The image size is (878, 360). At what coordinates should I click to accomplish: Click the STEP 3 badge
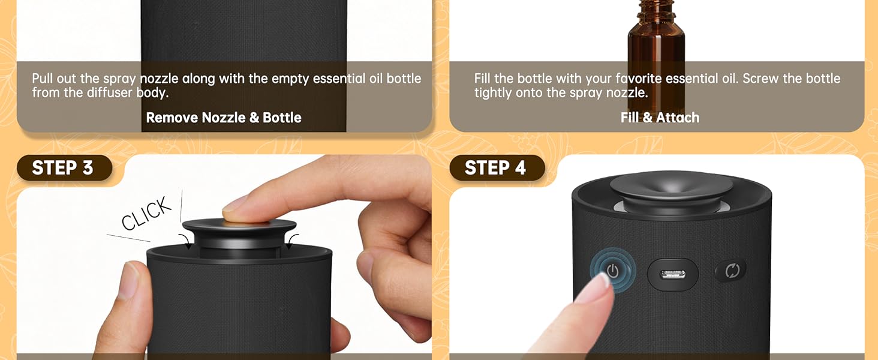[63, 168]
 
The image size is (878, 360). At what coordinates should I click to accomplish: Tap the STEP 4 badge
[496, 168]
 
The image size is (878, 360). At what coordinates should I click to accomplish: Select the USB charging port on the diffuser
[673, 274]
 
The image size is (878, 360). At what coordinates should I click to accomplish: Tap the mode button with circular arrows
[732, 271]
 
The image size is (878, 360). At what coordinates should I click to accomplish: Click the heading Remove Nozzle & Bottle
[224, 118]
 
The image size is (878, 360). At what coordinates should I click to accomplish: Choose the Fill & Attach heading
[660, 118]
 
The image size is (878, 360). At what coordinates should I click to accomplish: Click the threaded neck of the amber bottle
[656, 9]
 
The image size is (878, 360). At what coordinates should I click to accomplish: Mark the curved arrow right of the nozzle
[292, 241]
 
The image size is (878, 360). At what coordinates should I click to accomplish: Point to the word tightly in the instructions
[494, 93]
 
